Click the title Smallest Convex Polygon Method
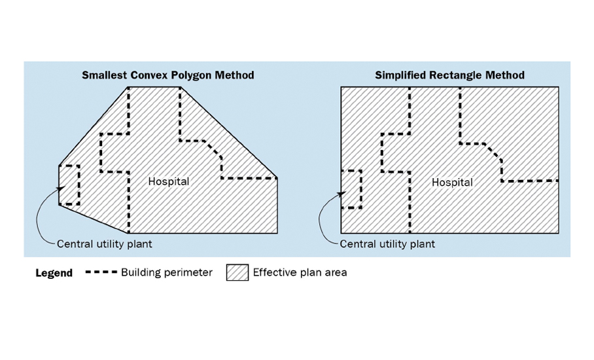pos(168,75)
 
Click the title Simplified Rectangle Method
pos(449,75)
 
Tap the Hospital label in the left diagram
pos(169,181)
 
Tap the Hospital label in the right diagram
pos(452,183)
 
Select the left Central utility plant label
pos(104,244)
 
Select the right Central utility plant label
pos(387,244)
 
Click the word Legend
pos(54,273)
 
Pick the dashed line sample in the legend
pos(101,272)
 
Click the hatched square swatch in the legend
pos(237,272)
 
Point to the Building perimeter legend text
pos(167,272)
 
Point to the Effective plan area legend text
pos(300,272)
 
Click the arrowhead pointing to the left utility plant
pos(61,189)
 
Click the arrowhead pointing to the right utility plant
pos(341,194)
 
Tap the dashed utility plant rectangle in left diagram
pos(79,185)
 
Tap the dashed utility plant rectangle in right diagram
pos(360,189)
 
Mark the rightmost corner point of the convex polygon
pos(277,178)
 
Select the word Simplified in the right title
pos(400,75)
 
